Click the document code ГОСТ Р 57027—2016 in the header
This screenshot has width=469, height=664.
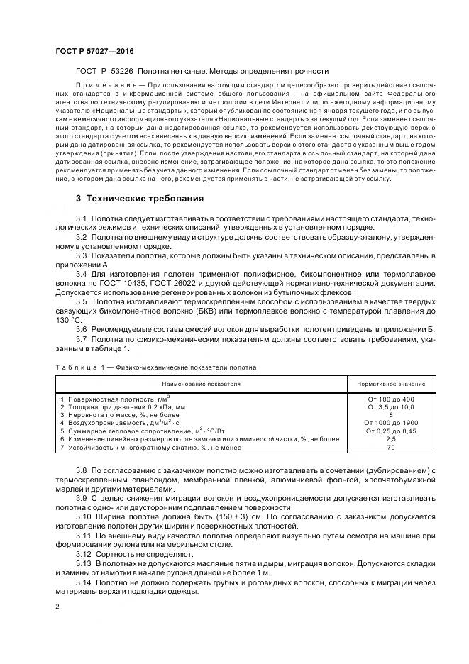[94, 51]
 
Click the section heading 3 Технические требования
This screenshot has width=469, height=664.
[140, 198]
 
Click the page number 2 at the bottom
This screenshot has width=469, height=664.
[57, 607]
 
